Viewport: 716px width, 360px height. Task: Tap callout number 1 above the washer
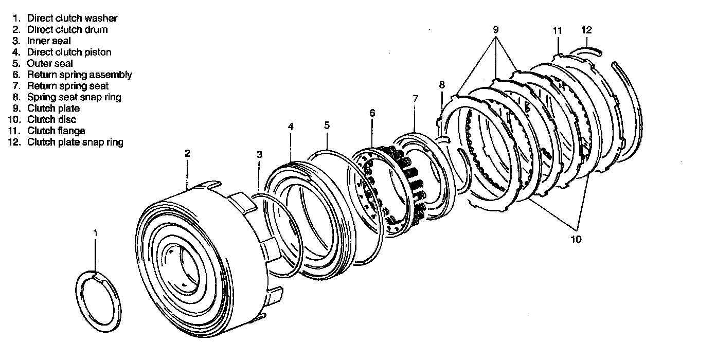point(95,233)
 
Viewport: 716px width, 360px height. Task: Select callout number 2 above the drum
point(188,153)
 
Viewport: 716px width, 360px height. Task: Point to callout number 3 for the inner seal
point(259,154)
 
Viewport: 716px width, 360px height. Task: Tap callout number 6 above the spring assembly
point(372,113)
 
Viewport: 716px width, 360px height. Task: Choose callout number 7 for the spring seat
point(415,98)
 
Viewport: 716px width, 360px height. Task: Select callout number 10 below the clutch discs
point(576,239)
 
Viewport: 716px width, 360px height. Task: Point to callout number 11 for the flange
point(557,30)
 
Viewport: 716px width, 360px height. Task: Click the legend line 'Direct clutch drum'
point(67,29)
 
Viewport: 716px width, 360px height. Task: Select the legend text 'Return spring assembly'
point(79,75)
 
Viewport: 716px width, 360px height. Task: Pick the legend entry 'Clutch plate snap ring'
point(75,142)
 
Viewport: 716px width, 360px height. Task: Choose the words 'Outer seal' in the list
point(50,63)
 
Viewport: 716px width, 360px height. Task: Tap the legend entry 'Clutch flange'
point(56,131)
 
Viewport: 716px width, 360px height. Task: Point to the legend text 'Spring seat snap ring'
point(74,97)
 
